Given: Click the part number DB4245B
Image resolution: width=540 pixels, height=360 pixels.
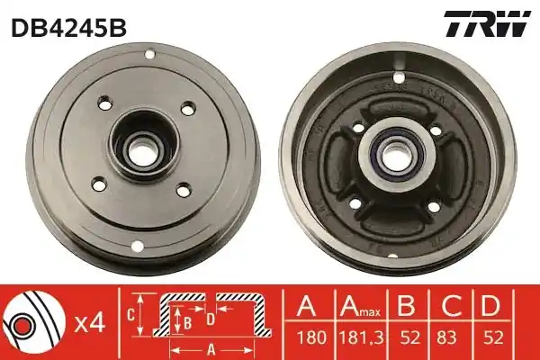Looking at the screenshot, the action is (69, 28).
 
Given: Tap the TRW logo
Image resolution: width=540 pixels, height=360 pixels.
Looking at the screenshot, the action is (487, 23).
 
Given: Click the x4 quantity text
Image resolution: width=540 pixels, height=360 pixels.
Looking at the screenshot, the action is (90, 324).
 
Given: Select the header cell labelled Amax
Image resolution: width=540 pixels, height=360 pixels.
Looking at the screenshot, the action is (360, 306).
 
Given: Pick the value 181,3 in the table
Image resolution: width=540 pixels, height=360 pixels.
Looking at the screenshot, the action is (361, 337).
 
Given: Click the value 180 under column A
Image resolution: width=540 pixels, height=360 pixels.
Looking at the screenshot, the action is (311, 337).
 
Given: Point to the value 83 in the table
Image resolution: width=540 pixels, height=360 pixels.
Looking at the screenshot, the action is (446, 337).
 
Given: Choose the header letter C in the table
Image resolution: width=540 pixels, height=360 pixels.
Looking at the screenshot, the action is (451, 306).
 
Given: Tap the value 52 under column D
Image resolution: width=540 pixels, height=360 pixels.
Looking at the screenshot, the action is (493, 337).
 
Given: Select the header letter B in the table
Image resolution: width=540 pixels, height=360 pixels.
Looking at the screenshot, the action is (407, 306).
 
